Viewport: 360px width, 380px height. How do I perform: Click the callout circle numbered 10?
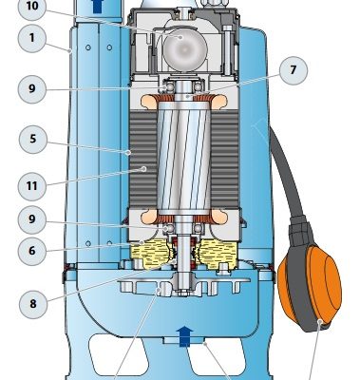click(x=32, y=7)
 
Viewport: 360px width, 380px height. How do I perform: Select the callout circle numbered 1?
click(x=32, y=38)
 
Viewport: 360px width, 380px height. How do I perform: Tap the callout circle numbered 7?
click(x=294, y=70)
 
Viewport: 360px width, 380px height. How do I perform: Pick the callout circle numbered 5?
click(x=32, y=140)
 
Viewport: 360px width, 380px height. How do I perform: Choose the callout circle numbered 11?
click(x=32, y=186)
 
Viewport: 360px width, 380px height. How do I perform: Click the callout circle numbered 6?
click(x=32, y=251)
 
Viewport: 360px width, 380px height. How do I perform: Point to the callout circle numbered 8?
click(x=33, y=304)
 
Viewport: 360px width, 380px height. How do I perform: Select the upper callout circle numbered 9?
click(x=32, y=89)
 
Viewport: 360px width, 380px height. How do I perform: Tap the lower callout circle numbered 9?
click(x=32, y=219)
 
